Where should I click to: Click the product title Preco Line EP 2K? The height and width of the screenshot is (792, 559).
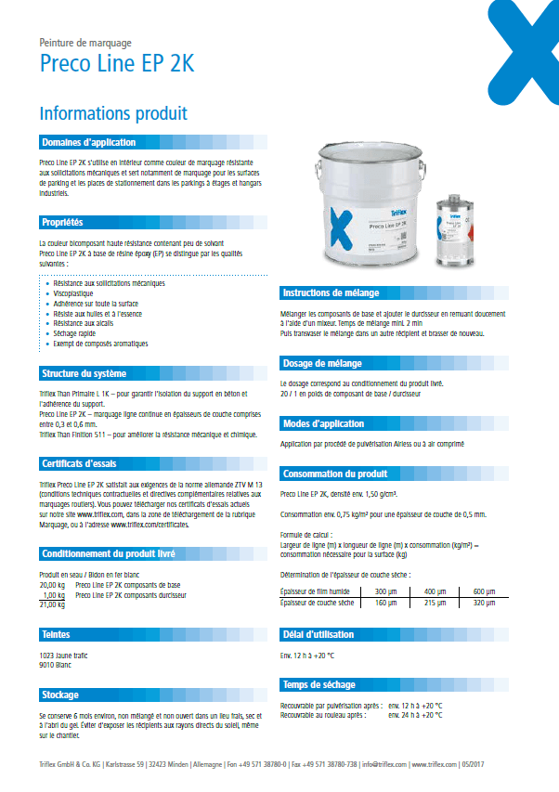(116, 64)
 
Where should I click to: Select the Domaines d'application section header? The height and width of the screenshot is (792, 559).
(88, 142)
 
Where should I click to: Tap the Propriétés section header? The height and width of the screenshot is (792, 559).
(62, 222)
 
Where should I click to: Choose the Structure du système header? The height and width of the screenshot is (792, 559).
(84, 373)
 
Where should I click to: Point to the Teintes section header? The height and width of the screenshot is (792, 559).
(57, 634)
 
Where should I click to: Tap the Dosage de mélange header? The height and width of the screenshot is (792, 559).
(322, 363)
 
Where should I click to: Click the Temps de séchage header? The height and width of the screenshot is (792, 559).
(318, 685)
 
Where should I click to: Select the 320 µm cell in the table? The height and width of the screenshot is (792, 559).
(485, 603)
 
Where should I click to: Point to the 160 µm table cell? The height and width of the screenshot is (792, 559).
(385, 603)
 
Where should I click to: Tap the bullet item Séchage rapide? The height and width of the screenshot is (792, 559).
(75, 334)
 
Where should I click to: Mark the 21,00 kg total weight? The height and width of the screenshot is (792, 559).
(51, 604)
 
